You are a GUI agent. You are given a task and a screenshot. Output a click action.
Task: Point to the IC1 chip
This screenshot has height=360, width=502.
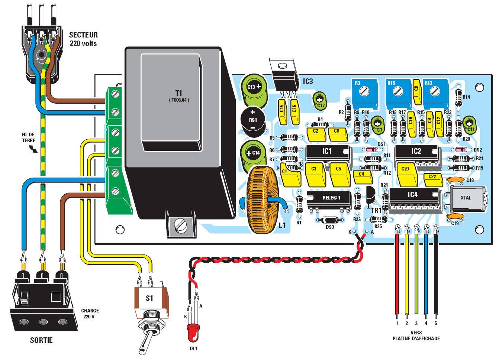pyautogui.click(x=327, y=152)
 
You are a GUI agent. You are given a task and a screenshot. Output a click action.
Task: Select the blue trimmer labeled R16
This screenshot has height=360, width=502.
pyautogui.click(x=398, y=91)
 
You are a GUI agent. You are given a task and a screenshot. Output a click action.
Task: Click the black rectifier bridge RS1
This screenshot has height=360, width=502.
pyautogui.click(x=253, y=120)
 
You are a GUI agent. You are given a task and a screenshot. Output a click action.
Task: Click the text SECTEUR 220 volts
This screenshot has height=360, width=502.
pyautogui.click(x=83, y=39)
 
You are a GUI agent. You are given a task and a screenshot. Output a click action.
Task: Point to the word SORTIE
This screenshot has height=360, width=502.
pyautogui.click(x=41, y=340)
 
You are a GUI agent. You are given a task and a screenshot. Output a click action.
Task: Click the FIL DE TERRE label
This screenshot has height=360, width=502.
pyautogui.click(x=28, y=137)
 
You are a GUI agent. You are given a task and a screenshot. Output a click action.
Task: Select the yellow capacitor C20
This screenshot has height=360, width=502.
pyautogui.click(x=406, y=173)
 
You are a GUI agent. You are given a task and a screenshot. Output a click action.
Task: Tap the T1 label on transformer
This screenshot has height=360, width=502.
pyautogui.click(x=179, y=93)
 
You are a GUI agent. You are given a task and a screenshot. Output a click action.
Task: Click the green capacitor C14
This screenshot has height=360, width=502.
pyautogui.click(x=254, y=153)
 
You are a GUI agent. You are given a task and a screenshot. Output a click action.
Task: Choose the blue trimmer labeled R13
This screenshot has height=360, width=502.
pyautogui.click(x=435, y=91)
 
